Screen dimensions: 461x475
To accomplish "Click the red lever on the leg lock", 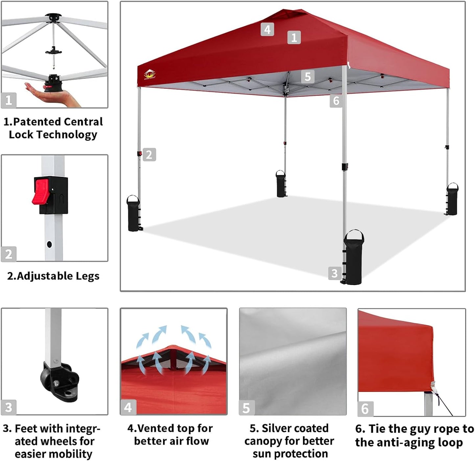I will tap(41, 191).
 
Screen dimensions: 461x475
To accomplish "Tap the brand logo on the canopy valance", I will tap(150, 74).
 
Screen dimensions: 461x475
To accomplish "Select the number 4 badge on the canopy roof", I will tap(267, 30).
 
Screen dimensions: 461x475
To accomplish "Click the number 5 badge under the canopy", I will tap(308, 77).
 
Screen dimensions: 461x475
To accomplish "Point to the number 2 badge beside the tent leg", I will tap(149, 155).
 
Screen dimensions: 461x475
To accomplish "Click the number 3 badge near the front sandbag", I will tap(334, 273).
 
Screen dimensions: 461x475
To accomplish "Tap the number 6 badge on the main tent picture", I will tap(336, 101).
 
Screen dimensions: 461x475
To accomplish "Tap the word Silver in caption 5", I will tap(276, 428).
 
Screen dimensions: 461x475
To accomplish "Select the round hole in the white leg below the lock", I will tap(49, 244).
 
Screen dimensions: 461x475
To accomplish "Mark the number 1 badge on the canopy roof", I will tap(294, 38).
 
